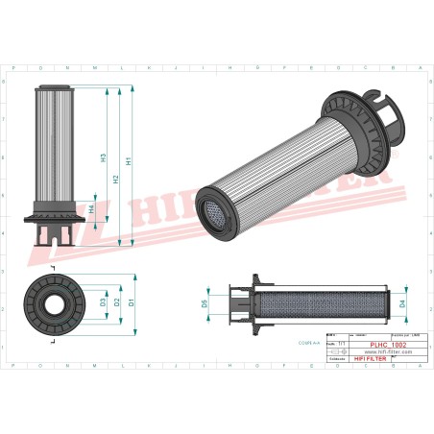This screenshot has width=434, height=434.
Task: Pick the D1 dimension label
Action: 131,301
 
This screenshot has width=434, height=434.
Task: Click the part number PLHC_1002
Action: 388,343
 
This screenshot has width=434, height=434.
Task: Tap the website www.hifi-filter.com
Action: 388,351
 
